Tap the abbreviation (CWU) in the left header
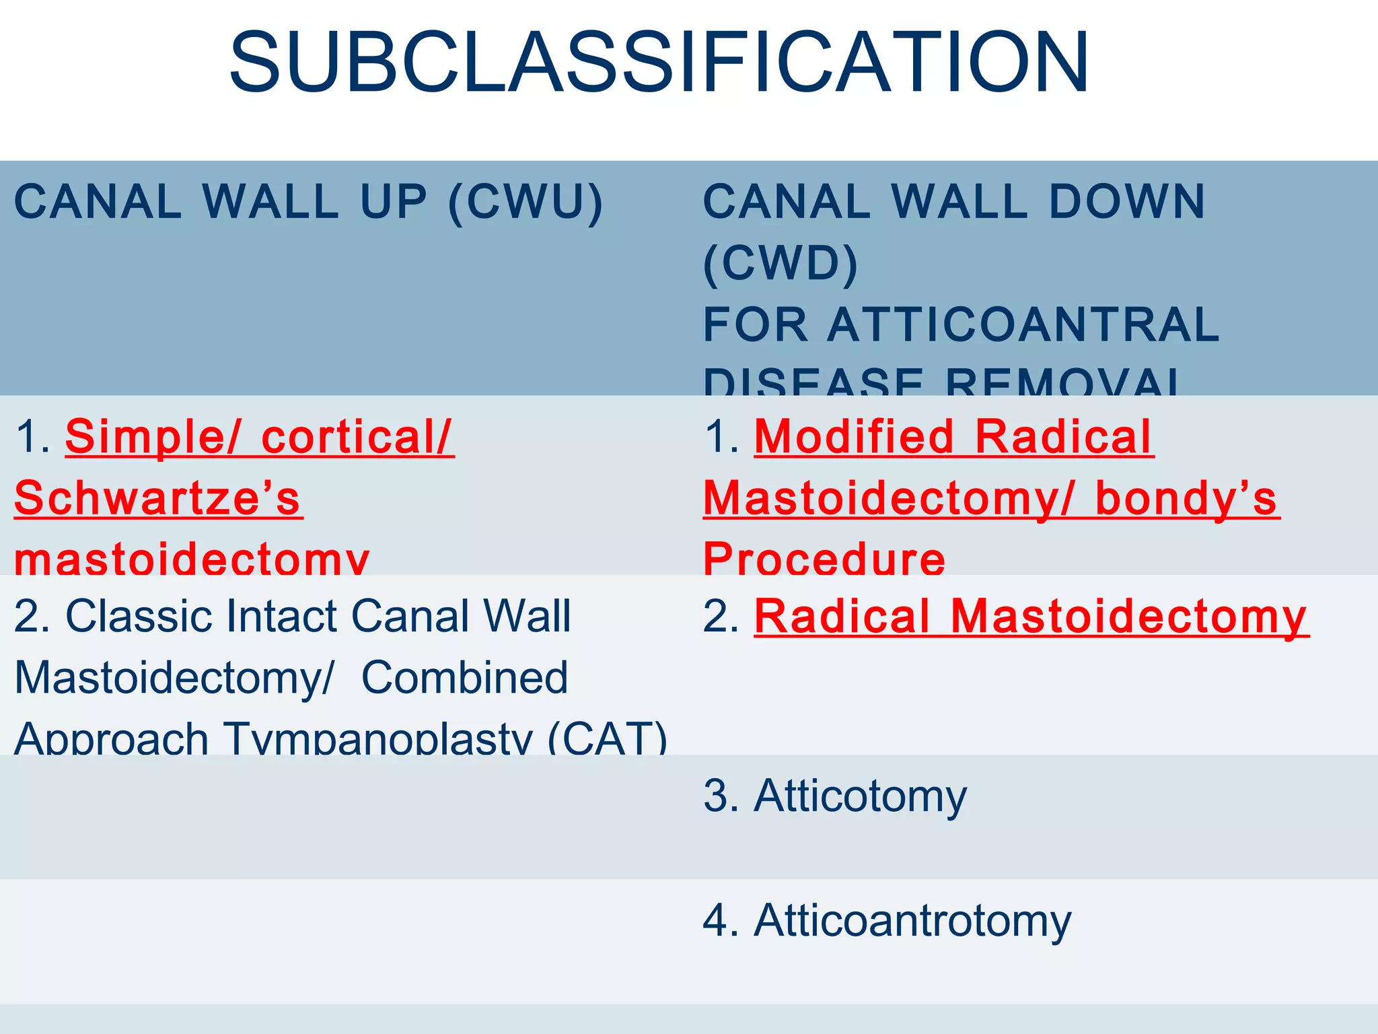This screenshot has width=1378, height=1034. (525, 202)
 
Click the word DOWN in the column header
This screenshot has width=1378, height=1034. (1127, 202)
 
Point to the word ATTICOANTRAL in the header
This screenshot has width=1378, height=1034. (1023, 324)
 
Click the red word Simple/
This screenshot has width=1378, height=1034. (152, 438)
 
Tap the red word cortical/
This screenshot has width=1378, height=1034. (357, 438)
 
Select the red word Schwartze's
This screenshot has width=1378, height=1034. (158, 499)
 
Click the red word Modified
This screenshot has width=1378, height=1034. (854, 438)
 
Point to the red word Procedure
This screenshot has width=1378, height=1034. (824, 558)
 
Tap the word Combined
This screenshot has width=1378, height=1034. (464, 678)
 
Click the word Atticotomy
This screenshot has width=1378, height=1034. (861, 796)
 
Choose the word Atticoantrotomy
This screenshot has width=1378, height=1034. (912, 921)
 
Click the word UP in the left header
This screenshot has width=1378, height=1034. (394, 202)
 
